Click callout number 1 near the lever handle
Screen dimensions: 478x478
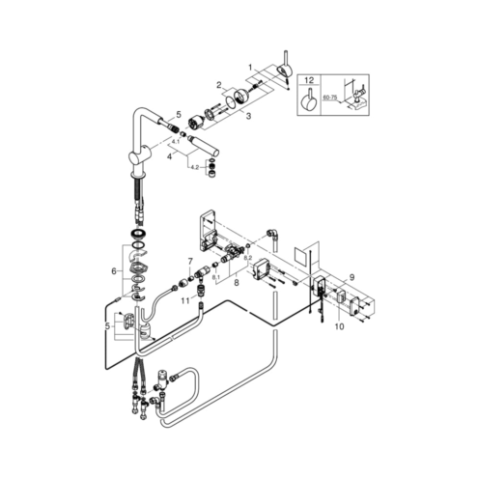click(250, 67)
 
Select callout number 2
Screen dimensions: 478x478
click(219, 85)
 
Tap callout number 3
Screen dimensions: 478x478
click(248, 116)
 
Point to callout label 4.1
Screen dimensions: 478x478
click(176, 141)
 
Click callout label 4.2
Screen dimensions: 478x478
click(195, 167)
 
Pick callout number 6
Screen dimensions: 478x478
click(114, 271)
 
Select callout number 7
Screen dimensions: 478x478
click(190, 261)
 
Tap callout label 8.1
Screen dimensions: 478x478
click(215, 276)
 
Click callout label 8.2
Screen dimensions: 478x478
click(247, 258)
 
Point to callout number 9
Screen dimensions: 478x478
click(351, 277)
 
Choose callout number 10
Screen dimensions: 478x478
click(339, 326)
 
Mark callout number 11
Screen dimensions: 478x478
click(185, 301)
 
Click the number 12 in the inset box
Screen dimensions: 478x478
click(309, 80)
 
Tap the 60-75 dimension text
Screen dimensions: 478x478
click(330, 98)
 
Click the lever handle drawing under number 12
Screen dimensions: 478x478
click(309, 98)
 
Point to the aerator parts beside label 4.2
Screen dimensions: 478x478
click(211, 168)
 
